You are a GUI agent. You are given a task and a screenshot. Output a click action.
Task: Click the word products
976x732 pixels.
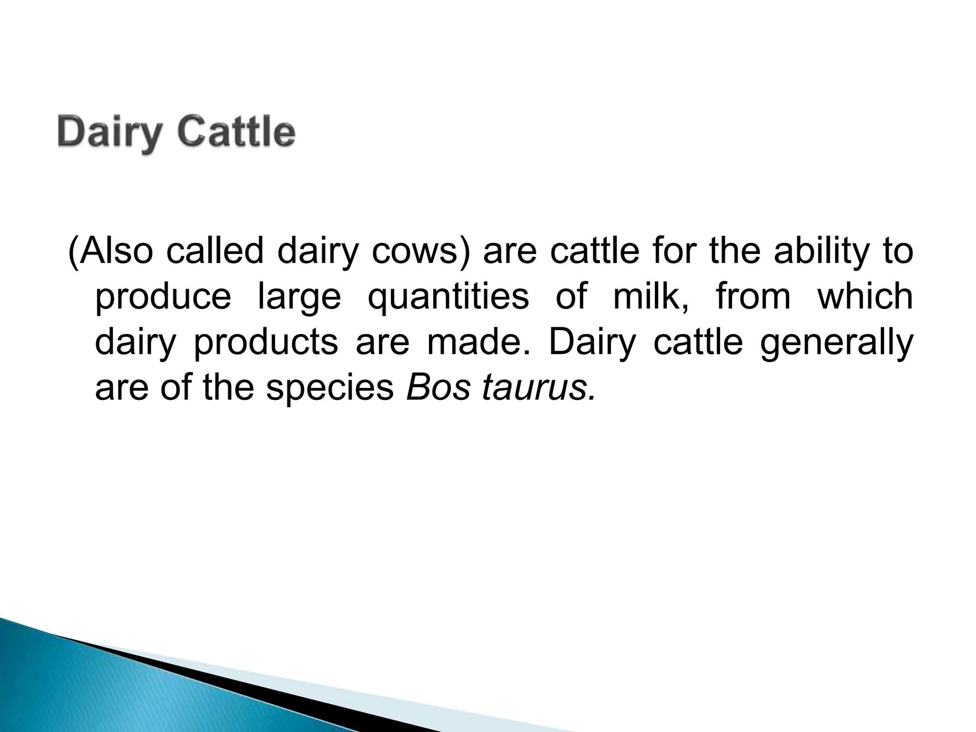(x=265, y=342)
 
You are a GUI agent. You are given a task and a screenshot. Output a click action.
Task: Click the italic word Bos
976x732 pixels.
(x=438, y=387)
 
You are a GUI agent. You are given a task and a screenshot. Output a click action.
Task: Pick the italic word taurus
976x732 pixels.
(x=539, y=387)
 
